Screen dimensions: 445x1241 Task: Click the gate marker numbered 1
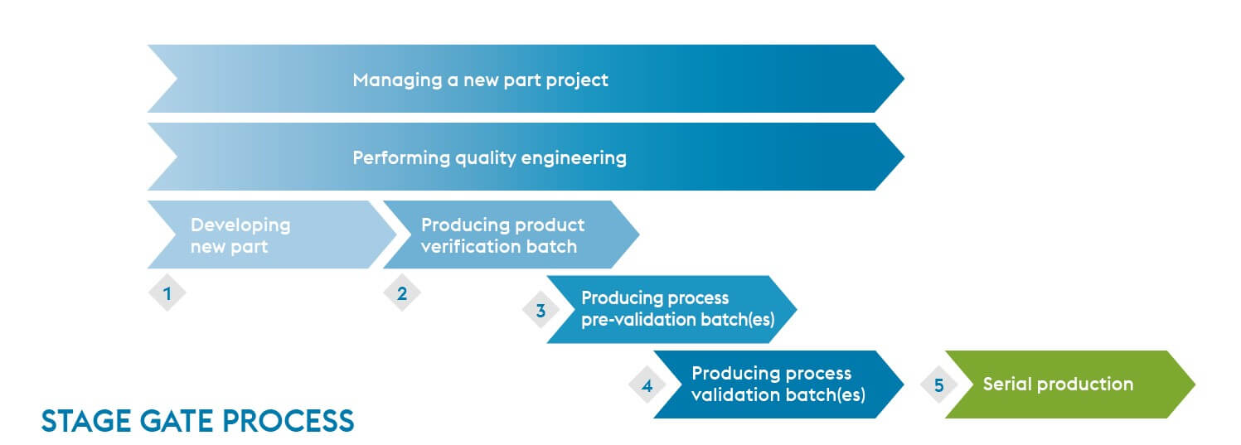click(x=167, y=293)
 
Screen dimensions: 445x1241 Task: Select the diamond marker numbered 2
click(x=402, y=293)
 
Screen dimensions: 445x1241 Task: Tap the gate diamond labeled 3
click(x=541, y=311)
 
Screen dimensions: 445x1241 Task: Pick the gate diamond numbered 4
click(x=647, y=385)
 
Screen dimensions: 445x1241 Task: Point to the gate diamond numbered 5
click(x=938, y=385)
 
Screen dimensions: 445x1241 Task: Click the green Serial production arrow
click(x=1069, y=385)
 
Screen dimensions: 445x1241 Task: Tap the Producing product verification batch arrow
click(x=506, y=235)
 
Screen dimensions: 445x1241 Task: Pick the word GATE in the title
click(x=170, y=422)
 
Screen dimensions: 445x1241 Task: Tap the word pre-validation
click(x=635, y=320)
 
